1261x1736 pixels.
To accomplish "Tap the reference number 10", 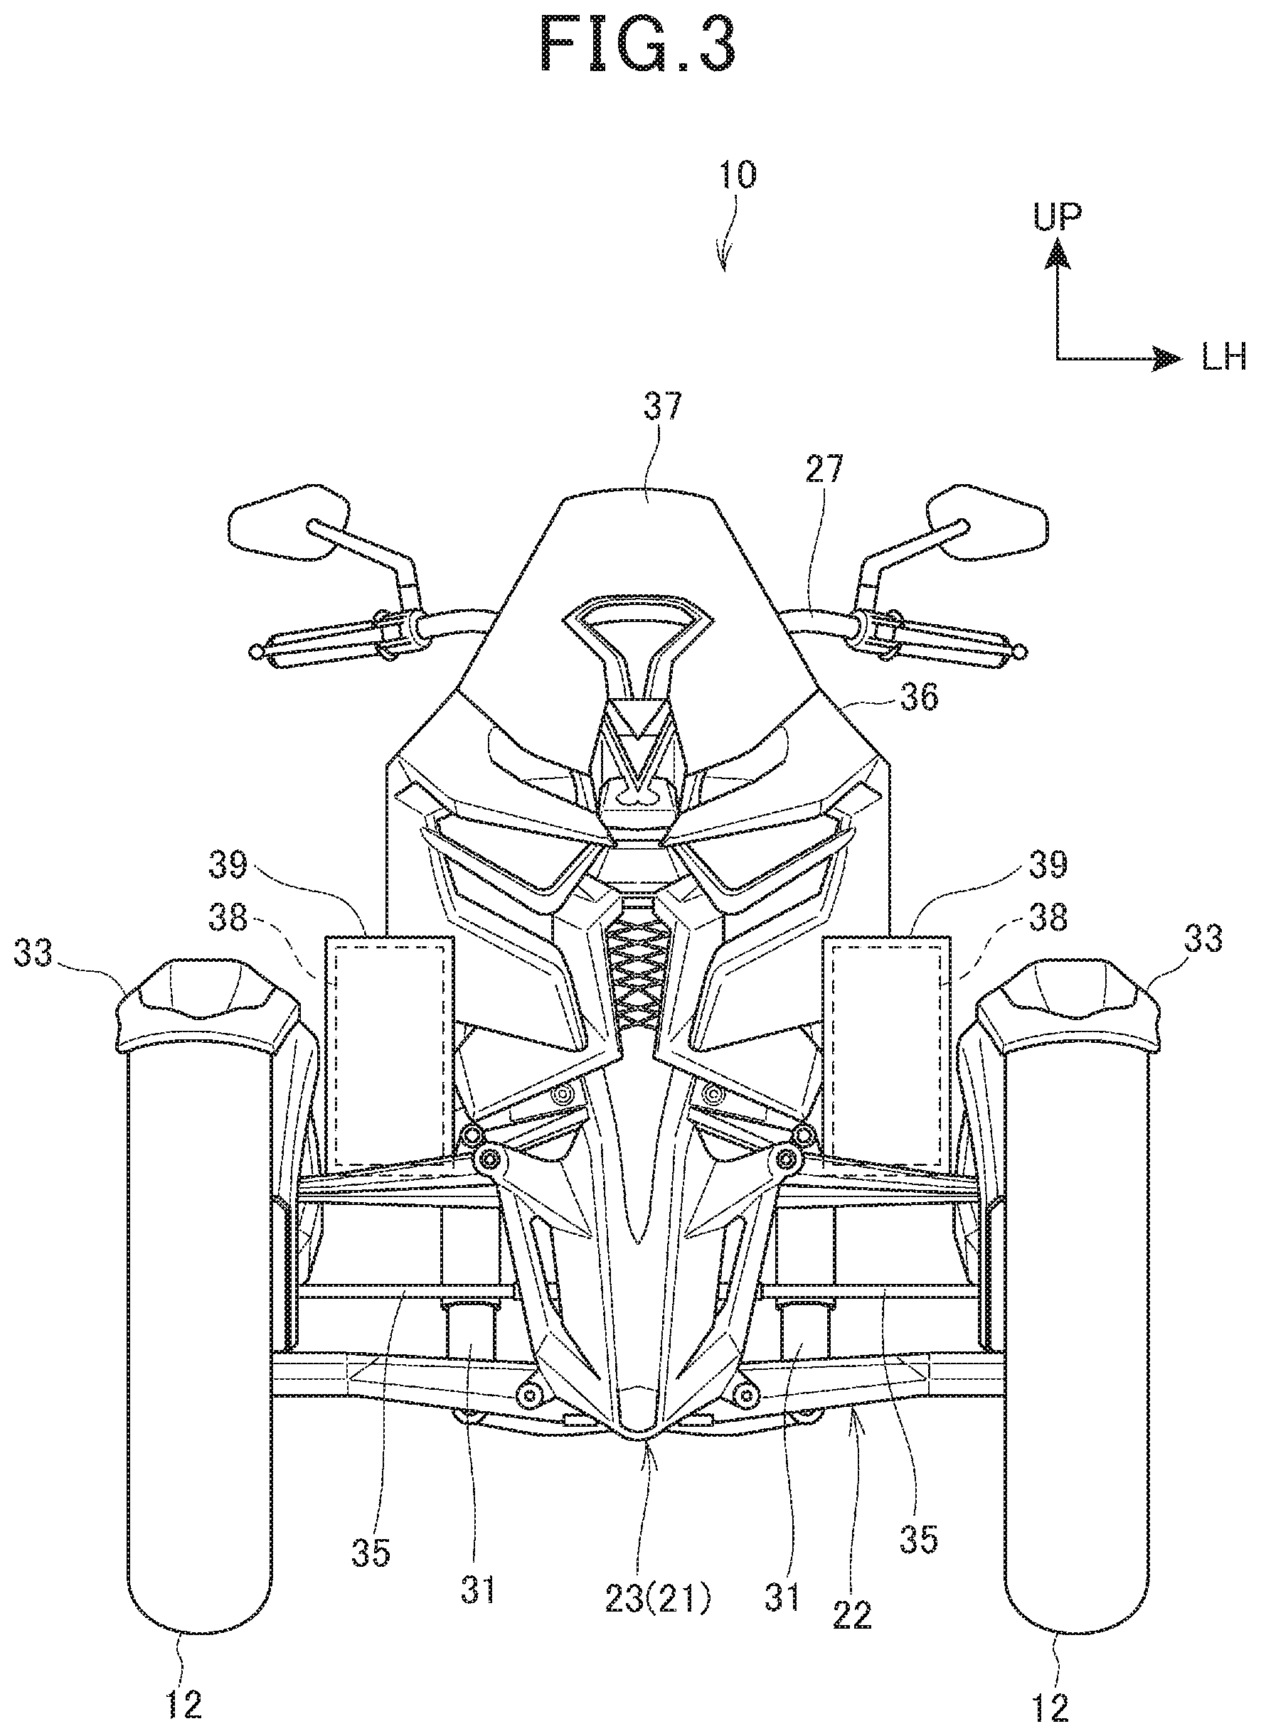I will [x=737, y=176].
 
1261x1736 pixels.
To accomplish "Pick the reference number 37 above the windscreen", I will [x=661, y=407].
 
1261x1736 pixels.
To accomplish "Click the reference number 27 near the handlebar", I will [x=824, y=469].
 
